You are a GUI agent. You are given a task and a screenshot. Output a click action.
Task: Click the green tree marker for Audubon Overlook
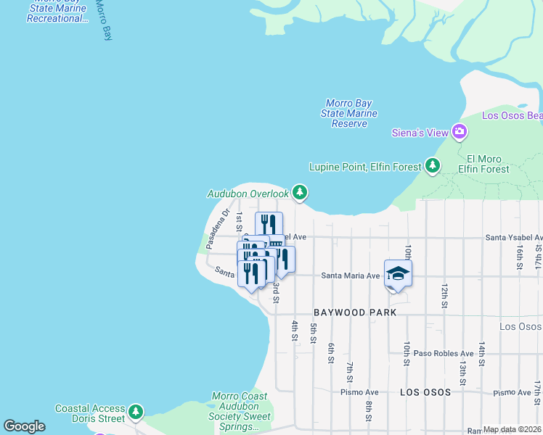pos(300,193)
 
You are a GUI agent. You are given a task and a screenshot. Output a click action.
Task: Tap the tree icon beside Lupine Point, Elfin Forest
pos(433,167)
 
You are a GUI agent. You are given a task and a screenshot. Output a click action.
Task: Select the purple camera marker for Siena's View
pos(459,132)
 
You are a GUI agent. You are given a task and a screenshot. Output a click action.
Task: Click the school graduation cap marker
pos(398,274)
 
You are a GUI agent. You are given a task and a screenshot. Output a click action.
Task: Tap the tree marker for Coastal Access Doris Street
pos(136,413)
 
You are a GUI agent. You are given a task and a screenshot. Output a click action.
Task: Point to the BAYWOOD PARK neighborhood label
pos(355,312)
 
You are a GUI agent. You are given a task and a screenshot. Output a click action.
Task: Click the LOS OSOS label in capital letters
pos(425,392)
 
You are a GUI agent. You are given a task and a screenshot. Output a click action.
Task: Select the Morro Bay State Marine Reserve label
pos(349,114)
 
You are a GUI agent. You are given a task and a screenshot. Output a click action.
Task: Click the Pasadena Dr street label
pos(217,228)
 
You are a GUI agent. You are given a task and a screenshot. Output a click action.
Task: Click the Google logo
pos(24,426)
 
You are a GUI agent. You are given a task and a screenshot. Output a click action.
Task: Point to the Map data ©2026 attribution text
pos(513,429)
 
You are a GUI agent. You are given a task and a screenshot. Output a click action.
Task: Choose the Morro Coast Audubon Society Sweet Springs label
pos(241,412)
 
